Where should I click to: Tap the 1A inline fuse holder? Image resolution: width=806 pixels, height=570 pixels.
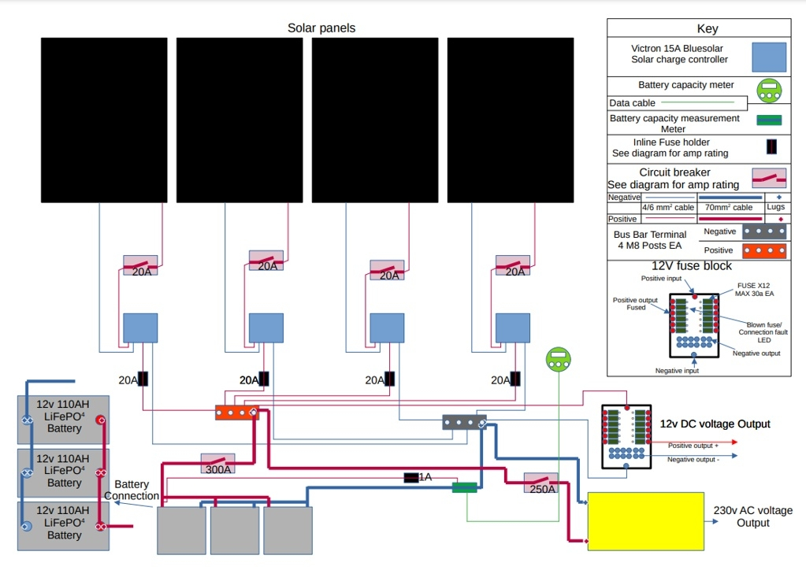point(411,477)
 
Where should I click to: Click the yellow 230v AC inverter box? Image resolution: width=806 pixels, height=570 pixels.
point(646,521)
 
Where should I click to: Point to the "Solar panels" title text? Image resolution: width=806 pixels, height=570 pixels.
point(321,28)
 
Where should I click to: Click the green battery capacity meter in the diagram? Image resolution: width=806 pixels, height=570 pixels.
point(558,361)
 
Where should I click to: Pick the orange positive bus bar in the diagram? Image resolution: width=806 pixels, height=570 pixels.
point(237,412)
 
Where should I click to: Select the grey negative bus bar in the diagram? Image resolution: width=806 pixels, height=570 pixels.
point(463,422)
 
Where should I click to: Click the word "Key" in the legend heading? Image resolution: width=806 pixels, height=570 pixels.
point(708,29)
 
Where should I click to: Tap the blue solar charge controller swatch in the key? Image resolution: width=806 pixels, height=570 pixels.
point(769,57)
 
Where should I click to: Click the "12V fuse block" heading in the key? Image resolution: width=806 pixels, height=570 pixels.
point(691,266)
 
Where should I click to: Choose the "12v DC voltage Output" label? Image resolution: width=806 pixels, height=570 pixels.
point(715,424)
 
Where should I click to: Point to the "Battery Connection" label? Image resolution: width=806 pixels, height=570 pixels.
point(132,490)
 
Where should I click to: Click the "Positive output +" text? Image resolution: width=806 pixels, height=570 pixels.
point(693,446)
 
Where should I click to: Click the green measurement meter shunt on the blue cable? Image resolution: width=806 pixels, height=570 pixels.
point(466,488)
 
